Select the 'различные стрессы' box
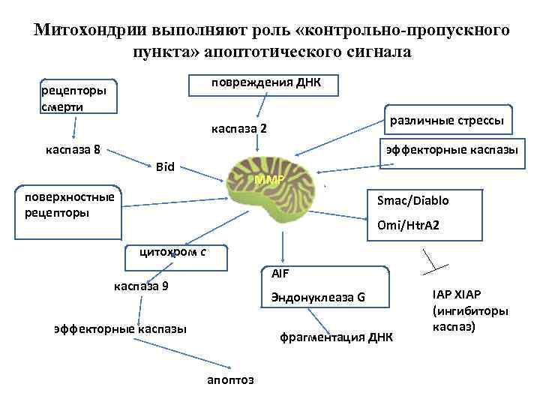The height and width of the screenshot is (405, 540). pyautogui.click(x=447, y=120)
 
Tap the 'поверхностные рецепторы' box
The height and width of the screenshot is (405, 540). pyautogui.click(x=70, y=205)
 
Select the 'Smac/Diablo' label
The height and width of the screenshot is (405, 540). pyautogui.click(x=413, y=201)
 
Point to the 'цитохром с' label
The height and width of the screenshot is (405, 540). pyautogui.click(x=172, y=252)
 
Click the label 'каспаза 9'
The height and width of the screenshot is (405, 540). pyautogui.click(x=141, y=286)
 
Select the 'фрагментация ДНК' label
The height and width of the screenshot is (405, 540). pyautogui.click(x=336, y=337)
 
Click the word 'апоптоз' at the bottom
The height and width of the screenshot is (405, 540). pyautogui.click(x=230, y=379)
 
